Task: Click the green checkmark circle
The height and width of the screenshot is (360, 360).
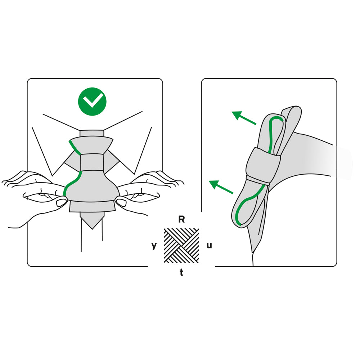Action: point(92,102)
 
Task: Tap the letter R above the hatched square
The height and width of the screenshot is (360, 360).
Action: point(181,220)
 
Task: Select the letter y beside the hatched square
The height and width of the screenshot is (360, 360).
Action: point(154,246)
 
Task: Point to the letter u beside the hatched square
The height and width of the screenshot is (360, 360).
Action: point(209,245)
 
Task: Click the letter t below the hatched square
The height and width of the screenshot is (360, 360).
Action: point(181,272)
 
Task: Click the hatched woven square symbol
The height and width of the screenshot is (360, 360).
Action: point(181,246)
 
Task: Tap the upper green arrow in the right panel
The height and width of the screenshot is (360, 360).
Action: point(244,118)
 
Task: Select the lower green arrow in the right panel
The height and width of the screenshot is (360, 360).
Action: point(221,187)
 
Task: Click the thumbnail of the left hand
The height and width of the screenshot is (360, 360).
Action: point(61,202)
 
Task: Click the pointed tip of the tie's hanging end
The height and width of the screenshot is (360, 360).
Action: point(92,229)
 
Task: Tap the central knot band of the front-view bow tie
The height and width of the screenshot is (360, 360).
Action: point(92,162)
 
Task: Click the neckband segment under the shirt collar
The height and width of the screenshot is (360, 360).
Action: point(92,133)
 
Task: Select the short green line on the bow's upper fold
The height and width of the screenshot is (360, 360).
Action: point(75,148)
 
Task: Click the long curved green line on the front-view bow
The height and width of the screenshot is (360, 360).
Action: point(72,183)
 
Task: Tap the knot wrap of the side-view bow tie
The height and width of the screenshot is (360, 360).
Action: point(263,165)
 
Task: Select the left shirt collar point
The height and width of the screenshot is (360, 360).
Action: point(53,176)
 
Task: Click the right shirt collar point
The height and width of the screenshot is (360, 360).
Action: point(134,174)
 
